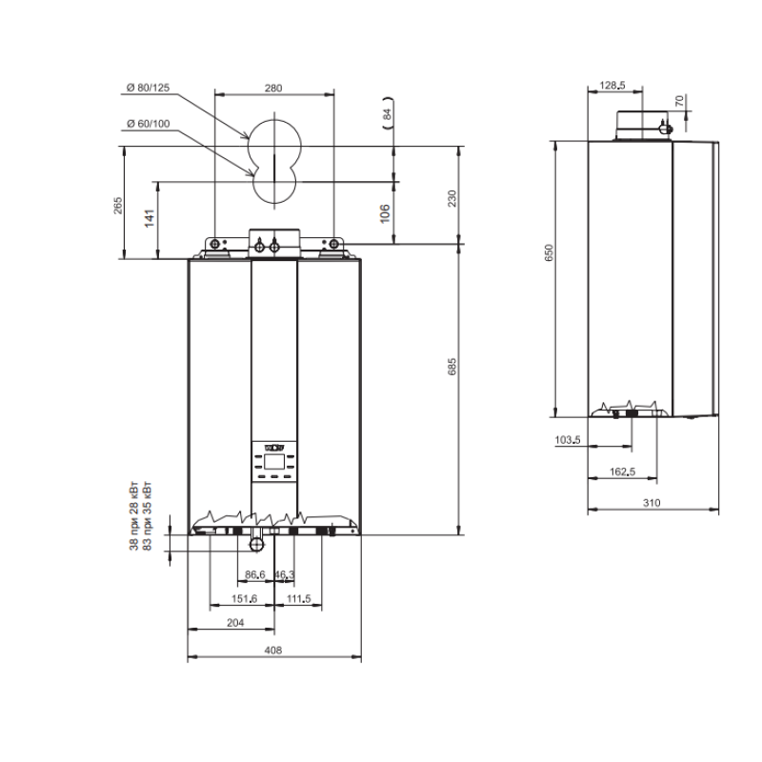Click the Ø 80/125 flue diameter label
click(148, 88)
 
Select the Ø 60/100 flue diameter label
click(149, 124)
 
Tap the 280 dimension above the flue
click(273, 88)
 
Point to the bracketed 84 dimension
click(388, 114)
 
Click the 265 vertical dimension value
click(117, 206)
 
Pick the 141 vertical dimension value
click(150, 218)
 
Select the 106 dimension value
click(385, 213)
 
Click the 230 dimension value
click(451, 198)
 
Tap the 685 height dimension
click(451, 367)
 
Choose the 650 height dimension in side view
click(549, 252)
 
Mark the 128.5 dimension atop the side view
click(612, 86)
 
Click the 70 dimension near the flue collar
click(679, 101)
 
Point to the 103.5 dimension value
click(568, 440)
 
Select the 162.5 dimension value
click(623, 471)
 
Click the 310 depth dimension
click(652, 503)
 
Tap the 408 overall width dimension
click(273, 651)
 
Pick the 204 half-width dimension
click(235, 623)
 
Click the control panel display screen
click(274, 461)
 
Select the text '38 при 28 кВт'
click(133, 516)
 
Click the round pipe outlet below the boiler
click(256, 544)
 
